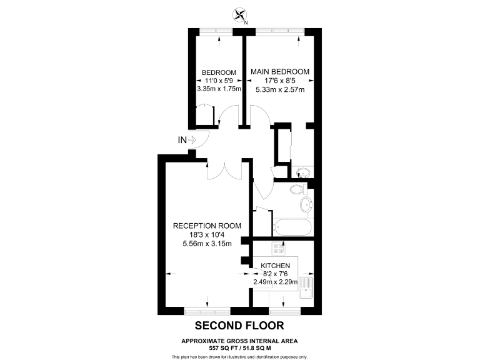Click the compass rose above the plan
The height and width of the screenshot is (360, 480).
click(239, 14)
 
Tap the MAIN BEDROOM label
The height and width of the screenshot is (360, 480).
click(280, 72)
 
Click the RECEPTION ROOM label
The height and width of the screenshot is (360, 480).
click(207, 226)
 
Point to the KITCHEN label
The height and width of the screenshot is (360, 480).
click(275, 266)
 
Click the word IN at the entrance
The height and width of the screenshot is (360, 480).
click(182, 141)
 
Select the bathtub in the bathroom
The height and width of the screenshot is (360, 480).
click(293, 227)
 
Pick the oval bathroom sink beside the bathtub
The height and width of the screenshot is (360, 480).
click(306, 205)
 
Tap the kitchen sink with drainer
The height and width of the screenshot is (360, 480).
click(306, 292)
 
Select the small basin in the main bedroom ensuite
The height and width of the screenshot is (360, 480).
click(303, 172)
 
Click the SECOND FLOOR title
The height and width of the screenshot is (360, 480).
click(239, 325)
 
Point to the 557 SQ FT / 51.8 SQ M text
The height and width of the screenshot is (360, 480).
click(239, 347)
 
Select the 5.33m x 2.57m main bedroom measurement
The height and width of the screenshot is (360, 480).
click(280, 89)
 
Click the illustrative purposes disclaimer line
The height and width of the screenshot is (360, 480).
click(239, 356)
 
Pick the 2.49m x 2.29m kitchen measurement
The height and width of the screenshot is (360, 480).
click(275, 282)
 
